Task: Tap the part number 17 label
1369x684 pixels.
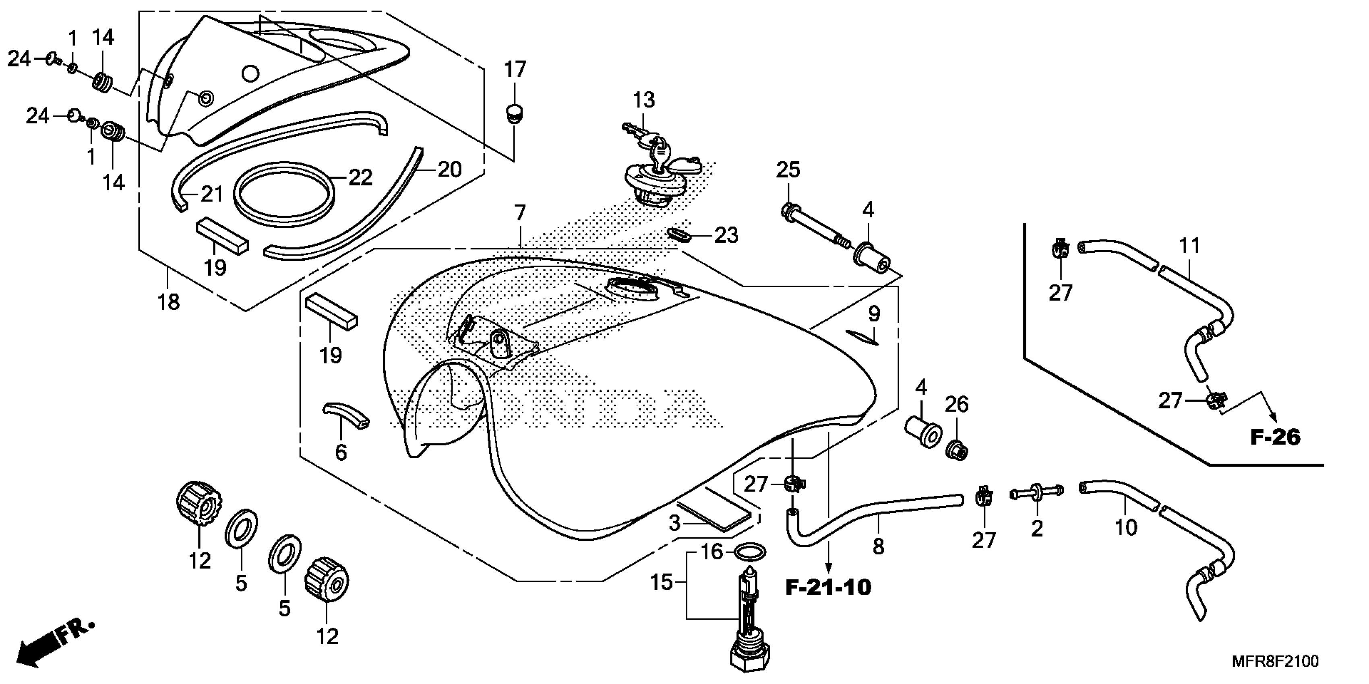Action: tap(515, 70)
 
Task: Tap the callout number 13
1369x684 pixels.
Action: tap(643, 100)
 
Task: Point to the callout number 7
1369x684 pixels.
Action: tap(519, 214)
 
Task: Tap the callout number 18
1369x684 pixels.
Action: tap(168, 302)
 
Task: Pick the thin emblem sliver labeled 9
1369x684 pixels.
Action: tap(862, 337)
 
